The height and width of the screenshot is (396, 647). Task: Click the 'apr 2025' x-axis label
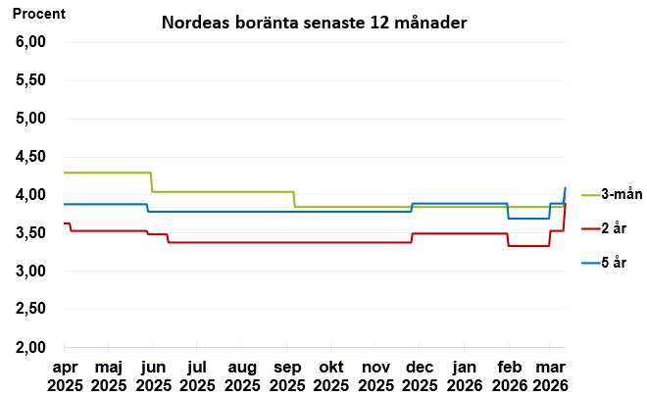point(64,375)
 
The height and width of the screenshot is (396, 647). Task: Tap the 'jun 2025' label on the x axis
point(152,375)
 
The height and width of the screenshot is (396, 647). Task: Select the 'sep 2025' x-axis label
point(286,375)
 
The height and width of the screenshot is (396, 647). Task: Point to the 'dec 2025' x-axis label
point(420,375)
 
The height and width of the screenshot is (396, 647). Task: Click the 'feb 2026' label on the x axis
point(508,375)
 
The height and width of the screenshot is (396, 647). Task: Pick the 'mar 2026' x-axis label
point(549,375)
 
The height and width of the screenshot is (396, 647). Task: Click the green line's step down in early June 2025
point(151,182)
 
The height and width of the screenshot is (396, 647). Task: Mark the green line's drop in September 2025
point(294,199)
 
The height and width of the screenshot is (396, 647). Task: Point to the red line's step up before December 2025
point(412,237)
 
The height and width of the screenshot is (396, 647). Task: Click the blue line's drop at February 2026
point(508,211)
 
